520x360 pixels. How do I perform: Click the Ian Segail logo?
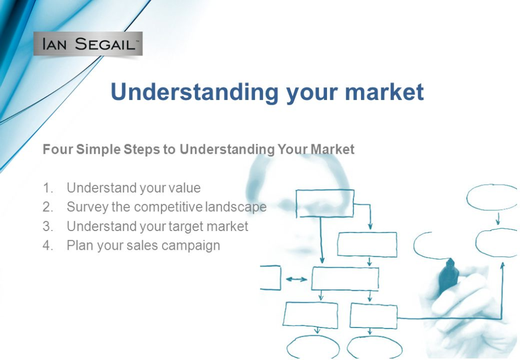[88, 44]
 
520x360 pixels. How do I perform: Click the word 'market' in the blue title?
[384, 91]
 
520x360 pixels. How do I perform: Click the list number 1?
[48, 188]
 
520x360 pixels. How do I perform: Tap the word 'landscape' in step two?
[236, 207]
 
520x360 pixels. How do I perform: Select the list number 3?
[48, 226]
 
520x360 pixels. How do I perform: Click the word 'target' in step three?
[186, 226]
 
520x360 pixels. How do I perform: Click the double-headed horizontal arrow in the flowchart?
[297, 279]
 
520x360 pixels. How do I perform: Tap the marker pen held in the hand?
[449, 276]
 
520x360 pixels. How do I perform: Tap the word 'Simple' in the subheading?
[99, 149]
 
